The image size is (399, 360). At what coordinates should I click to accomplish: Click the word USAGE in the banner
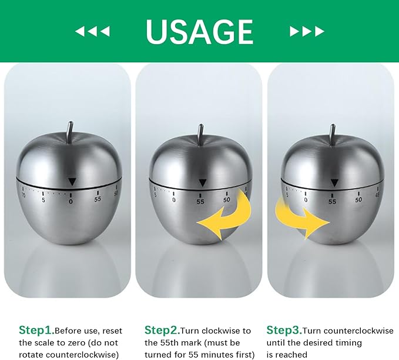tap(200, 32)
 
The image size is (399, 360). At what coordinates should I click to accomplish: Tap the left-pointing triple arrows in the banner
tap(92, 31)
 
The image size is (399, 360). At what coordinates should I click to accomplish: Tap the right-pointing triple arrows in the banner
tap(307, 31)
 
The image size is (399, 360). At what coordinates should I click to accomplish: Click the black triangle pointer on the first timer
tap(72, 182)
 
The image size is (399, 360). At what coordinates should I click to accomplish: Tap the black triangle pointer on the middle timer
tap(203, 183)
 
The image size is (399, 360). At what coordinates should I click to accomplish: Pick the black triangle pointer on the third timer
tap(334, 183)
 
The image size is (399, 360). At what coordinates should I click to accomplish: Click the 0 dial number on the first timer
tap(71, 202)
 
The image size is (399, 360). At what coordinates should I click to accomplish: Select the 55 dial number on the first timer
tap(98, 199)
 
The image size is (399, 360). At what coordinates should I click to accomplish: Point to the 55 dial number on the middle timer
tap(200, 202)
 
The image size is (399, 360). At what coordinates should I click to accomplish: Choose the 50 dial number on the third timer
tap(358, 200)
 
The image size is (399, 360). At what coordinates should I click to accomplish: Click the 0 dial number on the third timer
tap(306, 200)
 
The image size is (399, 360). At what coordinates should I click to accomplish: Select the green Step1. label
tap(36, 331)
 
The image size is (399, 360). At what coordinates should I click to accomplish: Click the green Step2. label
tap(162, 331)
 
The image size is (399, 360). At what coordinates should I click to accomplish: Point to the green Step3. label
tap(284, 331)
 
